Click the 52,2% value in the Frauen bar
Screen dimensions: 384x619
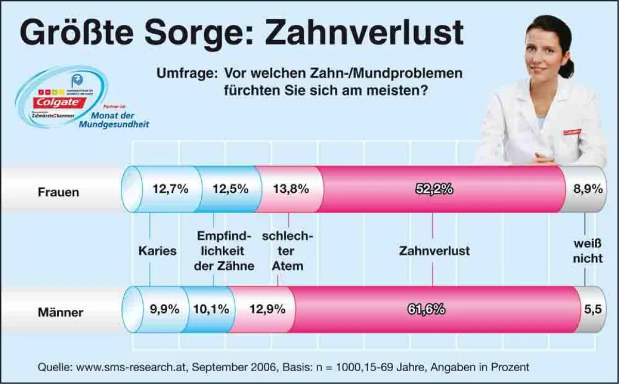click(434, 189)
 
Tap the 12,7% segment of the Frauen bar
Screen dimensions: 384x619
click(170, 189)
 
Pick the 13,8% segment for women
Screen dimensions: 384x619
click(290, 189)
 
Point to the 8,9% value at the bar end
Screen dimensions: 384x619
click(588, 189)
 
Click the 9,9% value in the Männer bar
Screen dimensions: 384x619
click(165, 309)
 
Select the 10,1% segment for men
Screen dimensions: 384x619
click(211, 309)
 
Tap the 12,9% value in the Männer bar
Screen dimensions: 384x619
click(267, 309)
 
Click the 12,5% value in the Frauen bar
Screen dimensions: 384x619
click(230, 189)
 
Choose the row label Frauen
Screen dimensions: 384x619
click(58, 192)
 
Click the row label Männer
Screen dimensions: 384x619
click(60, 312)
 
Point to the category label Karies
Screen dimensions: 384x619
click(157, 251)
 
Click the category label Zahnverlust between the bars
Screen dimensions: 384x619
click(434, 251)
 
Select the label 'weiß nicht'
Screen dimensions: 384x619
click(588, 251)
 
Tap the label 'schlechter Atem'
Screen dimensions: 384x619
click(287, 251)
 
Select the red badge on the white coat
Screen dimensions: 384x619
click(572, 132)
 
